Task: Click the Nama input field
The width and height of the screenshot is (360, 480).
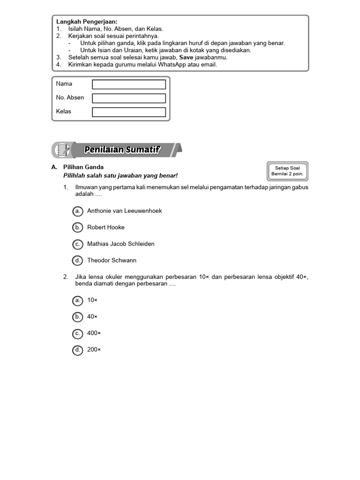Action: [129, 84]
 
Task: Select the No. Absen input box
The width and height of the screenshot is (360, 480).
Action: [129, 98]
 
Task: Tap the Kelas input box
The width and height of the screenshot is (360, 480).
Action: [129, 112]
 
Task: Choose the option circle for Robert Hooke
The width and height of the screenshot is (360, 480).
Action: [78, 227]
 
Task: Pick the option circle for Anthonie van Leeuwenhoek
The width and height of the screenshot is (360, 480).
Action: [78, 211]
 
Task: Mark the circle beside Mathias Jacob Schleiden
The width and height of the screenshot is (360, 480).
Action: [78, 244]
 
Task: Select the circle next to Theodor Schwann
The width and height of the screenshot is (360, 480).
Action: [78, 260]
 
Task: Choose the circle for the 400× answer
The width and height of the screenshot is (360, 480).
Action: [78, 333]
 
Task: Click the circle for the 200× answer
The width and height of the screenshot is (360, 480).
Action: [78, 350]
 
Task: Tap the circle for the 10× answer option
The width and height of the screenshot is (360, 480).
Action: [78, 300]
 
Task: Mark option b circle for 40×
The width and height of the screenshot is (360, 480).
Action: [78, 317]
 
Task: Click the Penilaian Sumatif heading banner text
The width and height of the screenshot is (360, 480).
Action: [122, 150]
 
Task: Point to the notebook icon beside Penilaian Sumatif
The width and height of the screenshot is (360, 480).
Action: [62, 150]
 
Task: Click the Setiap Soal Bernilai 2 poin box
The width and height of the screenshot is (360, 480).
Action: [287, 171]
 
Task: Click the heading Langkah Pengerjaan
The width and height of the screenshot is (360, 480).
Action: [87, 22]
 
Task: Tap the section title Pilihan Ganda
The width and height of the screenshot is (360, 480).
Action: [83, 167]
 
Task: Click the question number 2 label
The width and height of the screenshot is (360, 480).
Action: [66, 277]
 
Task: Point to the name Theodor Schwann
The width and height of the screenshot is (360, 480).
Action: [112, 260]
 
